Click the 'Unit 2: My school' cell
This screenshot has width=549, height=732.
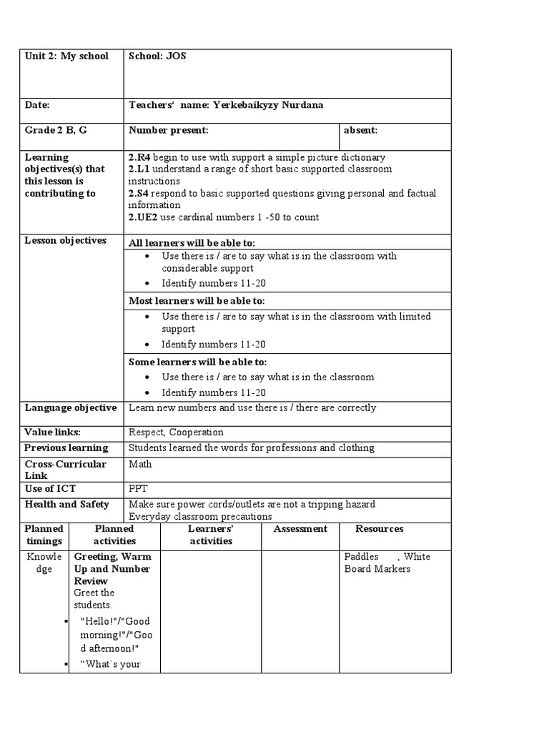coord(66,56)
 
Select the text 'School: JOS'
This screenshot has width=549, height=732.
coord(157,56)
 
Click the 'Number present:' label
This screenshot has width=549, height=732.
coord(169,130)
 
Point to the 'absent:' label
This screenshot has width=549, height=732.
coord(360,130)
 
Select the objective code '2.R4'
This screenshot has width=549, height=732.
coord(139,157)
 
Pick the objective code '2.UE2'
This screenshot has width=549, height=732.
coord(143,217)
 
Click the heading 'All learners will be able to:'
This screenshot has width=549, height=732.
coord(192,243)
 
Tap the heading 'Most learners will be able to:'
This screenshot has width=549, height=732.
coord(197,301)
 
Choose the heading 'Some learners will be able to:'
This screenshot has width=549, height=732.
coord(197,362)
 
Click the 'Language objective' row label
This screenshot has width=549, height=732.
coord(70,408)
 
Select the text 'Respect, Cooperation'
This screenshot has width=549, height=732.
coord(176,432)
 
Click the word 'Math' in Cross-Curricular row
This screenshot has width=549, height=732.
coord(140,464)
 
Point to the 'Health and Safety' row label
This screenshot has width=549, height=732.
coord(66,504)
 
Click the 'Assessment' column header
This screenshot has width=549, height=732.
coord(300,529)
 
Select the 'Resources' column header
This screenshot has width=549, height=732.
coord(380,529)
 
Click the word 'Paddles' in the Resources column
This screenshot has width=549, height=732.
coord(361,556)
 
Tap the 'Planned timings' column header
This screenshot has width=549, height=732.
coord(44,535)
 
